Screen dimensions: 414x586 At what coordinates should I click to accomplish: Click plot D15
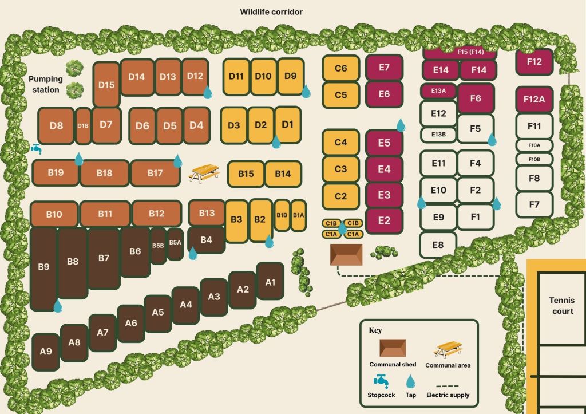106,85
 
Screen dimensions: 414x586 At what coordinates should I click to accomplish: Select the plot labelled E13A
438,90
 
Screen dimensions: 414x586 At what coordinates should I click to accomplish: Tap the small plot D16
83,126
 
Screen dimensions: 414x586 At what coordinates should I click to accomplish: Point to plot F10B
534,159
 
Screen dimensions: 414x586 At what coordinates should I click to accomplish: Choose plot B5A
175,243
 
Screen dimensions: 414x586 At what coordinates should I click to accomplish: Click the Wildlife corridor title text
271,11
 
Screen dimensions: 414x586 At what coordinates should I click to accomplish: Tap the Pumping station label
46,84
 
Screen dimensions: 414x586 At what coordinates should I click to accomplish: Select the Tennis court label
561,306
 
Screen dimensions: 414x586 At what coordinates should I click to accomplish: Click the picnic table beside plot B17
204,172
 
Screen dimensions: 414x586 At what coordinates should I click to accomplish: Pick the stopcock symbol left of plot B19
37,148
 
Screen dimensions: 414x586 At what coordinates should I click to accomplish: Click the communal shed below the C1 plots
346,254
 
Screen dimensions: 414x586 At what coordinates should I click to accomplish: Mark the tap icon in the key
410,381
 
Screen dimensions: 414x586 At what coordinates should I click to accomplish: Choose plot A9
46,352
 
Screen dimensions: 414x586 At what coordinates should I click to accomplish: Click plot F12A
534,99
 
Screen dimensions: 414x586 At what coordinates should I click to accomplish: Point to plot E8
438,245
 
